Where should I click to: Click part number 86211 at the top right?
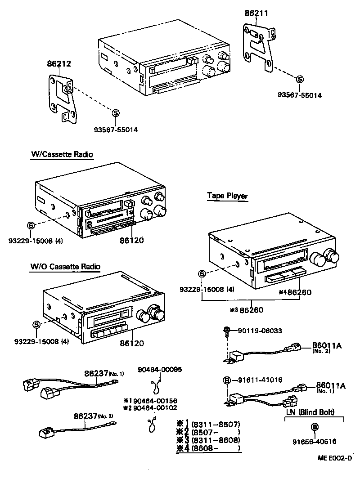pos(256,13)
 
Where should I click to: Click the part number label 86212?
pos(59,64)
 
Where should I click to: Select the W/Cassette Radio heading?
pos(62,155)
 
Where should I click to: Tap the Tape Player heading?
pos(227,196)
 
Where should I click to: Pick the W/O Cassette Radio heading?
pos(65,267)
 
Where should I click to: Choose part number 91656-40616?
pos(314,442)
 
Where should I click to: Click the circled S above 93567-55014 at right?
pos(300,80)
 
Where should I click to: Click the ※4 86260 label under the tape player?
pos(295,292)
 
